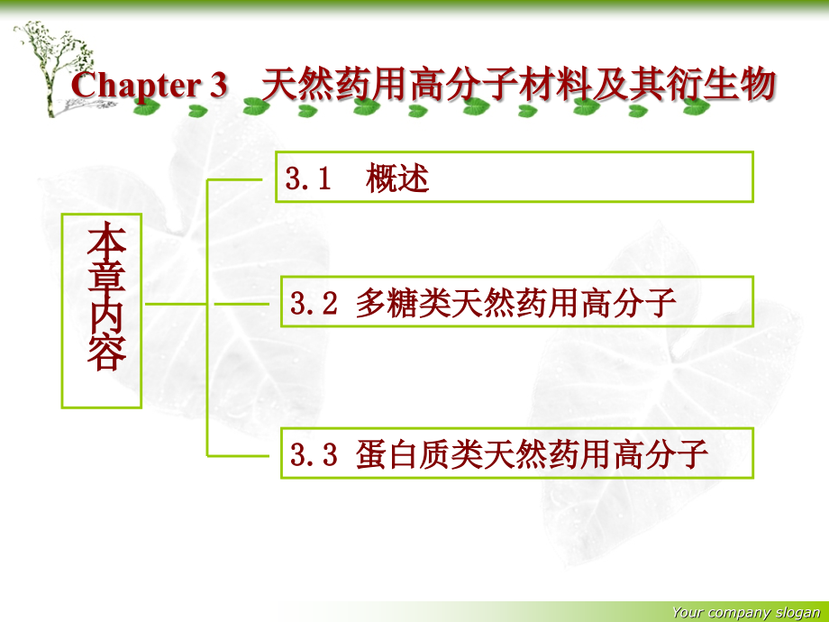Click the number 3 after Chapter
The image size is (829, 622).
tap(220, 87)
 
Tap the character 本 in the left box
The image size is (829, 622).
tap(106, 241)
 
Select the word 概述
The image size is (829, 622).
tap(397, 178)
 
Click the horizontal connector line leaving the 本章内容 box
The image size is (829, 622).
tap(175, 304)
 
